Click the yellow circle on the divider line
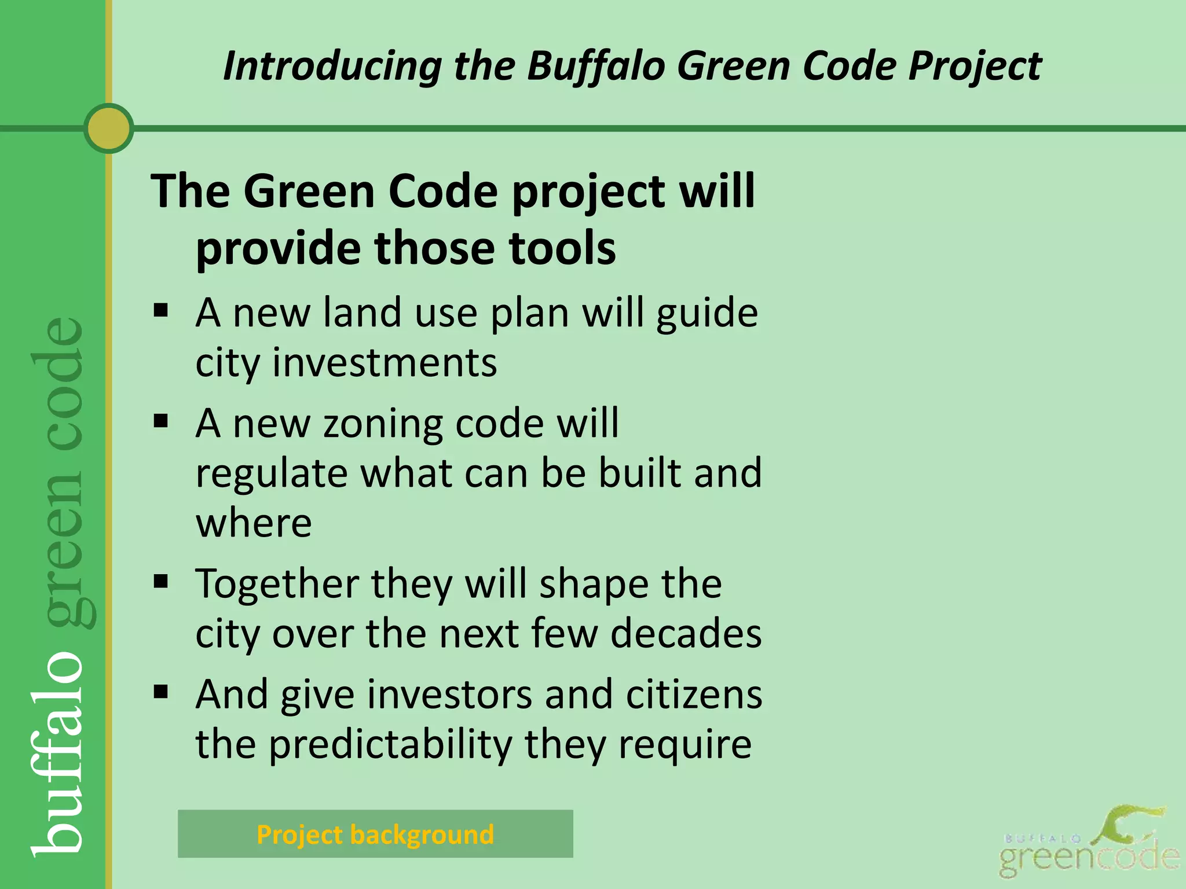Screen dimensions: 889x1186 coord(108,128)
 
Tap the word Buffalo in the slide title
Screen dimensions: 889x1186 coord(596,65)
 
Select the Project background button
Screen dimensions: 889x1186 coord(375,834)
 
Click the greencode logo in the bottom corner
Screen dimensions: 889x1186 coord(1089,845)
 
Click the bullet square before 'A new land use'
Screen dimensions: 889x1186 coord(161,311)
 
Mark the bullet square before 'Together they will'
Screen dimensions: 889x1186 coord(161,581)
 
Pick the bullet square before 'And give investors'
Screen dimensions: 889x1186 coord(161,692)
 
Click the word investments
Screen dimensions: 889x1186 coord(385,363)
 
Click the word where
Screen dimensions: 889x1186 coord(254,523)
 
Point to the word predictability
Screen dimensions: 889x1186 coord(391,744)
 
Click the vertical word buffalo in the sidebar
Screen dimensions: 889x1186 coord(58,752)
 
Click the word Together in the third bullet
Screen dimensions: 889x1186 coord(277,583)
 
